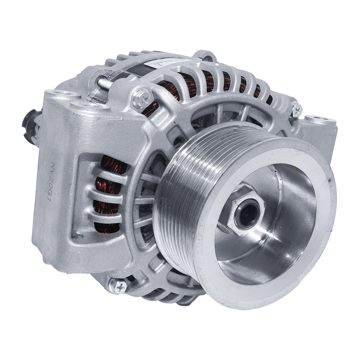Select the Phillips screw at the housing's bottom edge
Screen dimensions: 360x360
click(x=118, y=285)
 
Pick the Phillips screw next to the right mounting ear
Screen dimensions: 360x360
click(x=296, y=109)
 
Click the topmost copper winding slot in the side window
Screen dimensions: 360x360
click(x=112, y=164)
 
